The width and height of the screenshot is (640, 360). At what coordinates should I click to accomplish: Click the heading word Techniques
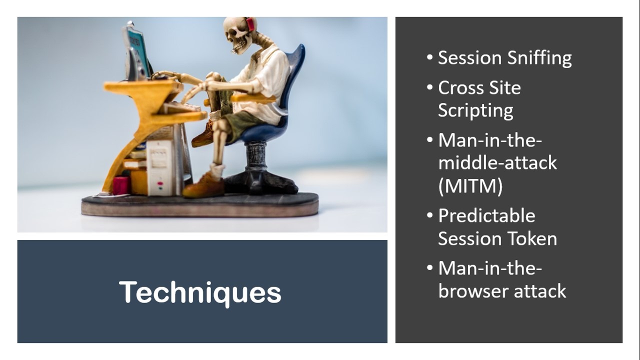pyautogui.click(x=200, y=292)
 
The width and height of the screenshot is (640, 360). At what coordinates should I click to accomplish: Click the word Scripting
pyautogui.click(x=475, y=111)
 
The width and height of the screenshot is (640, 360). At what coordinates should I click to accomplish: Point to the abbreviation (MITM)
pyautogui.click(x=470, y=186)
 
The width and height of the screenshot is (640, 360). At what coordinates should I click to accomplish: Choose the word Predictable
pyautogui.click(x=486, y=215)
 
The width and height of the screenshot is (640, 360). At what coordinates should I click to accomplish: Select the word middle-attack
pyautogui.click(x=497, y=162)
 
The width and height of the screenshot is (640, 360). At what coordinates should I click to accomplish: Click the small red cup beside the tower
pyautogui.click(x=121, y=185)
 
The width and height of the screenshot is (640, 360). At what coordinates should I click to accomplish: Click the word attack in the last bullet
pyautogui.click(x=544, y=291)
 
